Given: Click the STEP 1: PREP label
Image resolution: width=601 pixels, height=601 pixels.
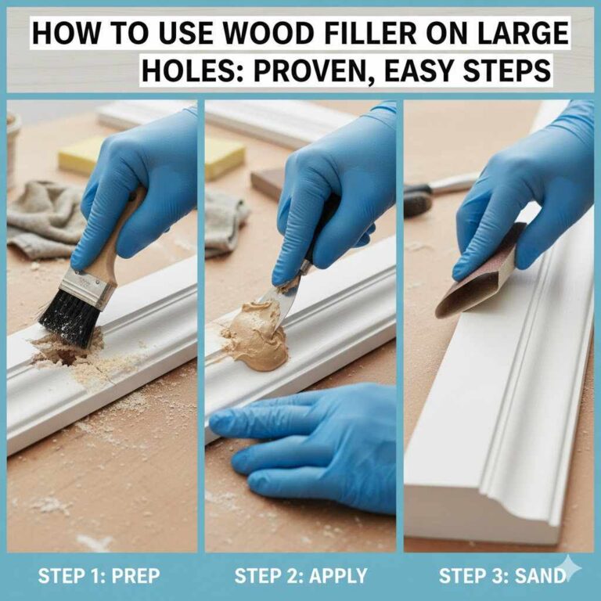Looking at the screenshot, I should point(99,577).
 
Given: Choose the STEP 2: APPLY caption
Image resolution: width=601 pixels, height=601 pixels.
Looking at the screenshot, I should point(300,577).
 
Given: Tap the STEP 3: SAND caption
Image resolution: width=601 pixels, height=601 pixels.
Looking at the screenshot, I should point(501,577).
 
